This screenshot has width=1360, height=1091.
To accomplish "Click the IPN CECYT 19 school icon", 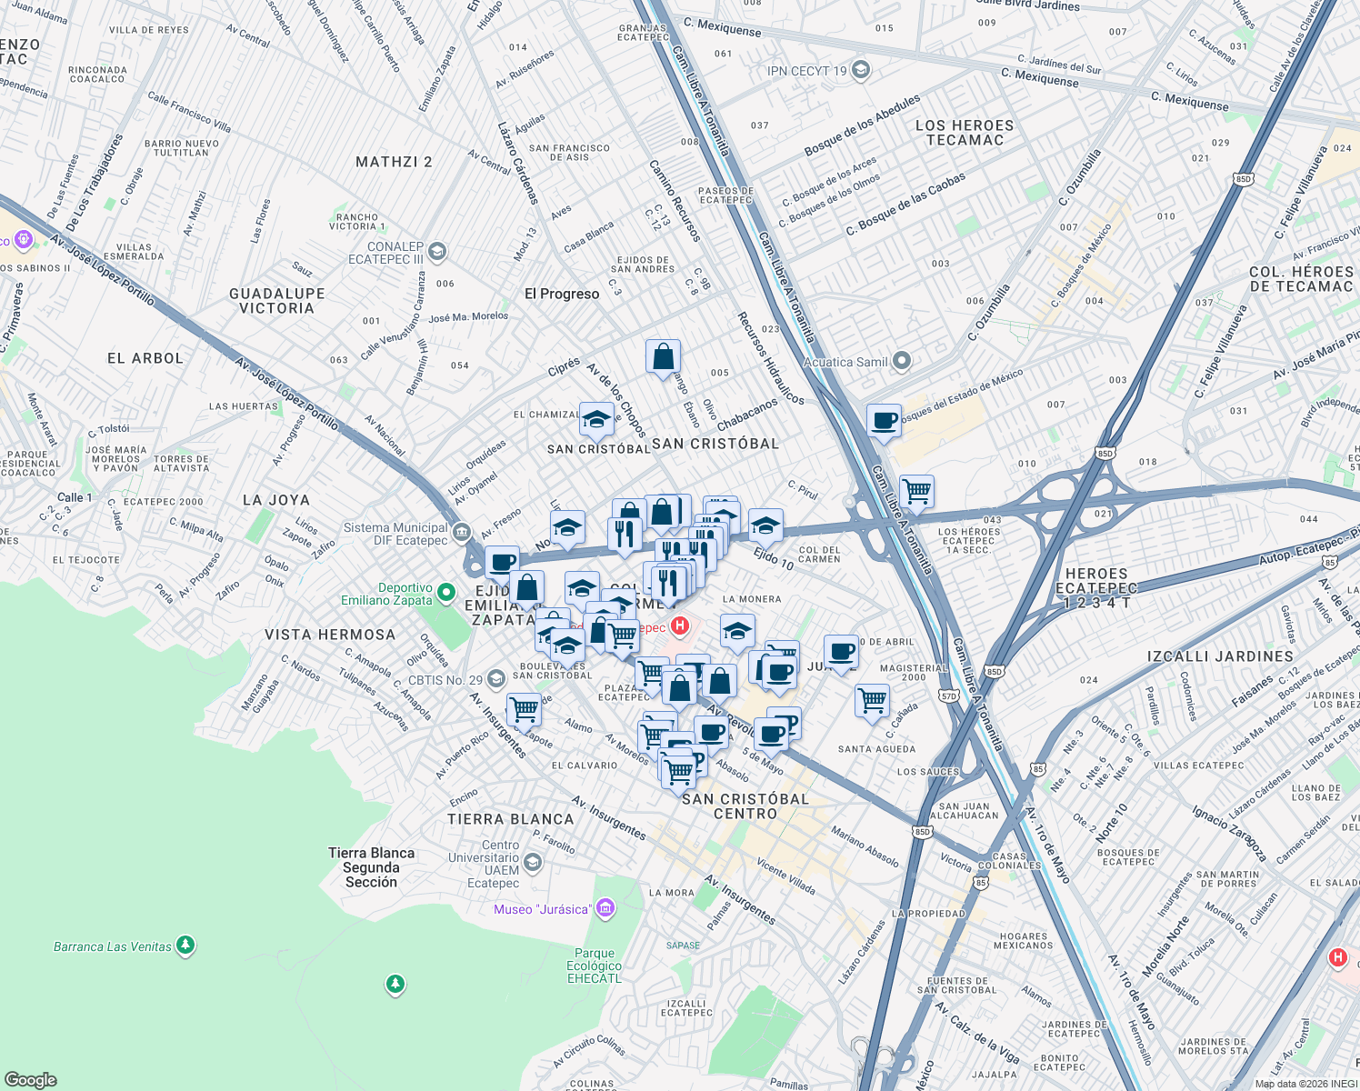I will tap(861, 70).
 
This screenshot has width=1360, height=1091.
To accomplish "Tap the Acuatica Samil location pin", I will tap(901, 362).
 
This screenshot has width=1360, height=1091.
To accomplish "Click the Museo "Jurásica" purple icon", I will tap(605, 908).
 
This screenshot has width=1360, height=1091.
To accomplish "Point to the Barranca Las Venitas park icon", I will tap(185, 946).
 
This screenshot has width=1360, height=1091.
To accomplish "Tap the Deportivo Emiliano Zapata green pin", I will tap(445, 593).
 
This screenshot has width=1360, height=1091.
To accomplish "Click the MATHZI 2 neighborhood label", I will tap(394, 162).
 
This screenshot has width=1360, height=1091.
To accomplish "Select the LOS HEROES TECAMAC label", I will tap(965, 133).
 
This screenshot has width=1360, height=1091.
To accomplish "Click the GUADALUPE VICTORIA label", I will tap(276, 301).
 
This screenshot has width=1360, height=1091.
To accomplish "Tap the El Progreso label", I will tap(562, 294).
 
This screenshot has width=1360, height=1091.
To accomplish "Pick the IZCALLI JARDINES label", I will tap(1220, 656).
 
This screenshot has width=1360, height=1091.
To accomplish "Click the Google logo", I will tap(31, 1079).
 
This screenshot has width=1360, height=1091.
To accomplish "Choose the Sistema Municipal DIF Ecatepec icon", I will tap(461, 532).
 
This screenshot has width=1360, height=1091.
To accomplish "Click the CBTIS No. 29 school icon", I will tap(495, 679).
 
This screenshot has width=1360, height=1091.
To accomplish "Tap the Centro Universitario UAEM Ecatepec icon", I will tap(534, 862).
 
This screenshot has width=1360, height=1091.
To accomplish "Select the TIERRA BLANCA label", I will tap(510, 819).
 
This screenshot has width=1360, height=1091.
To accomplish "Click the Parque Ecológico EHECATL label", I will tap(595, 966).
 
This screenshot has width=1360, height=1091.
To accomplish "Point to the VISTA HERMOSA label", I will tap(329, 635).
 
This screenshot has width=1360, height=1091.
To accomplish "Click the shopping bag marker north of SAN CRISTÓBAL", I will tap(663, 356).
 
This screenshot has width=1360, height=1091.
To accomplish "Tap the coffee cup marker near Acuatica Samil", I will tap(884, 420).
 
